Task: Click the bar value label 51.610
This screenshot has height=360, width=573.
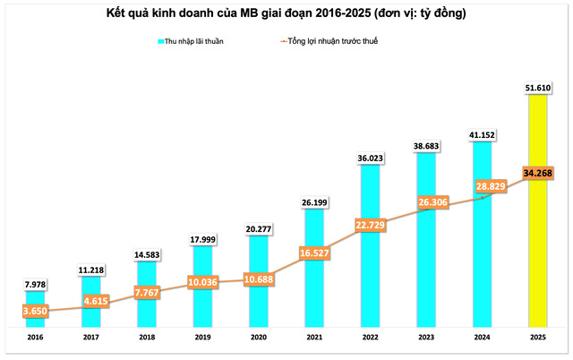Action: (537, 86)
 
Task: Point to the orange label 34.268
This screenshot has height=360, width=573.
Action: (537, 173)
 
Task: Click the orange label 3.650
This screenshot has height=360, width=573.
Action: (34, 310)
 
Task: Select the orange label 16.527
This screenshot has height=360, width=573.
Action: (313, 254)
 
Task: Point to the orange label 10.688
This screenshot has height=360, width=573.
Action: (258, 280)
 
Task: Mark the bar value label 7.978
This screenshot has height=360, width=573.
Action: (34, 285)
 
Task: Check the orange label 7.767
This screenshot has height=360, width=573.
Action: (146, 292)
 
